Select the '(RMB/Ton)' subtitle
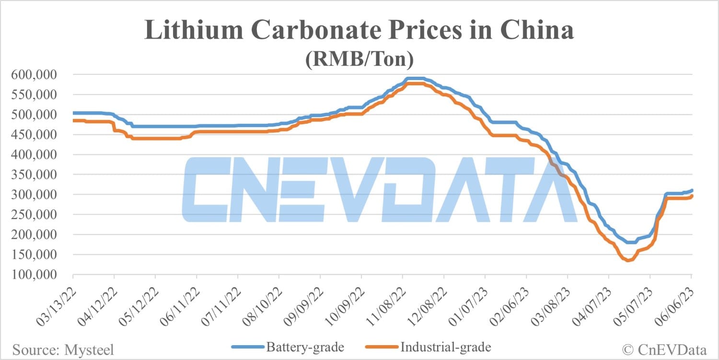pos(359,60)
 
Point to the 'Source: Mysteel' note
pos(63,349)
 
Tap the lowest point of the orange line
pos(628,260)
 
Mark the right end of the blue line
pos(692,190)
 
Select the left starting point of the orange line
pos(73,120)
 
